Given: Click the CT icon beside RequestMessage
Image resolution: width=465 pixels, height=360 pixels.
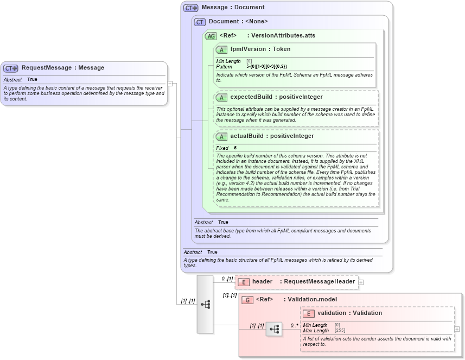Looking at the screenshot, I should coord(11,68).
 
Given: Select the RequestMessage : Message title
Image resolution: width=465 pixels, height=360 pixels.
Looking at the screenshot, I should coord(62,68).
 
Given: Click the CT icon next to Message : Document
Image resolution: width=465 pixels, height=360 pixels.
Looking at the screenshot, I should coord(191,8).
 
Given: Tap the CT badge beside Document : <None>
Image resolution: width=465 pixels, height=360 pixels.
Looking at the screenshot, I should coord(200,22).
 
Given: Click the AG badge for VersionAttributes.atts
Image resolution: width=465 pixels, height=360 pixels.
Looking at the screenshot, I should coord(211,36).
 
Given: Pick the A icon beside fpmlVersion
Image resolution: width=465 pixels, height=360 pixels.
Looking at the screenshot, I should coord(221,49).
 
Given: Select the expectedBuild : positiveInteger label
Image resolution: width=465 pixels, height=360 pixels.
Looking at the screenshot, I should coord(276,97).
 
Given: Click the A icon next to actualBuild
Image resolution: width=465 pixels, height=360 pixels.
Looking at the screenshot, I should coord(221,136).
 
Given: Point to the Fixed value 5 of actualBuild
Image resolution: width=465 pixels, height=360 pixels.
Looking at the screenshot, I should coord(235,148).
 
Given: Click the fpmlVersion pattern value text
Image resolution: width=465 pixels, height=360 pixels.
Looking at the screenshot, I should coord(266,66).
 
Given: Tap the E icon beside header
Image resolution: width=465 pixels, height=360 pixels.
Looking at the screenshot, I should coord(244,282).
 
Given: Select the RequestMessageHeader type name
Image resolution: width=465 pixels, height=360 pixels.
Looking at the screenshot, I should coord(319,281).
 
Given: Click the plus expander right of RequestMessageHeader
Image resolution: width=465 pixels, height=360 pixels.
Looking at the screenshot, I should coord(361,282).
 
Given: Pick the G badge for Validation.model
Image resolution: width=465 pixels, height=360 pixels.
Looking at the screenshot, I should coord(247,300).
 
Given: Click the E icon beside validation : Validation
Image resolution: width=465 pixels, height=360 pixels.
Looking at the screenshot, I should coord(309,313).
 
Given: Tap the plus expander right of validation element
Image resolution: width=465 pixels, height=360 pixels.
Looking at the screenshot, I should coord(457,329).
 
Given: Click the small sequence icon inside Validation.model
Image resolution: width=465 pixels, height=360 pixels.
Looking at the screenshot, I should coord(274,329).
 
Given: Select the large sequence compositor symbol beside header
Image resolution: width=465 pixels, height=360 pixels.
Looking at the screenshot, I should coord(205,304).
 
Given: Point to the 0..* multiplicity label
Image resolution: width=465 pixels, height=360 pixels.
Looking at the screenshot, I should coord(294,325).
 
